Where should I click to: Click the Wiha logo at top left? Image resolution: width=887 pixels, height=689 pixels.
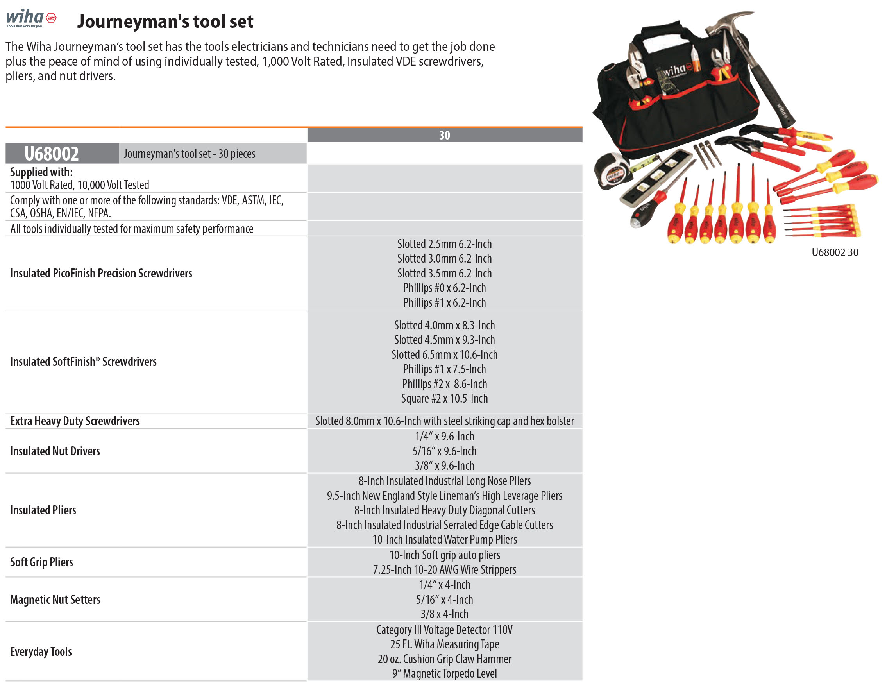31,18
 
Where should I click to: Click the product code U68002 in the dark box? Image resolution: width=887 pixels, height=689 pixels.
52,154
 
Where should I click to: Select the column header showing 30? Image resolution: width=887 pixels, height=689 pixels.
444,135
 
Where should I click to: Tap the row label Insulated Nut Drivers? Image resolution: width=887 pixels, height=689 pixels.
55,451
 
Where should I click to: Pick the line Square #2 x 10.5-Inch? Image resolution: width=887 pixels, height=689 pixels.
444,399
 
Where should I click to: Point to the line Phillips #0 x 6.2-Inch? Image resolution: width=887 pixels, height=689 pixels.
444,288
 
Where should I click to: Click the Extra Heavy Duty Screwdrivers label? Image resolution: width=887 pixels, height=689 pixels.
75,421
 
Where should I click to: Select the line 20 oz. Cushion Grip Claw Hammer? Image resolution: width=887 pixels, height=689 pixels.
444,659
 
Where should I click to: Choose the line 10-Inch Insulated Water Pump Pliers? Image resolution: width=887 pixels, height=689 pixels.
444,539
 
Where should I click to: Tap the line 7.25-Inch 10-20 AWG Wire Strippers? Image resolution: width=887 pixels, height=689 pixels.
444,569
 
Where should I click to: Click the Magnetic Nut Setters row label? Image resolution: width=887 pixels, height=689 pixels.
55,600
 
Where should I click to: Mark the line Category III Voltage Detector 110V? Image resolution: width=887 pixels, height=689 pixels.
444,630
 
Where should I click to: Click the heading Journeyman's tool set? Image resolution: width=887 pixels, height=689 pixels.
165,21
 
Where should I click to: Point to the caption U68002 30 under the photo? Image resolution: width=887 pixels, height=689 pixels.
835,252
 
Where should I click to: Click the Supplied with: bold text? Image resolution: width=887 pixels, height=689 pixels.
41,172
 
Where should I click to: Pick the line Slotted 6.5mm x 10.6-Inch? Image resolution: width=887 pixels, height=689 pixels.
444,354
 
